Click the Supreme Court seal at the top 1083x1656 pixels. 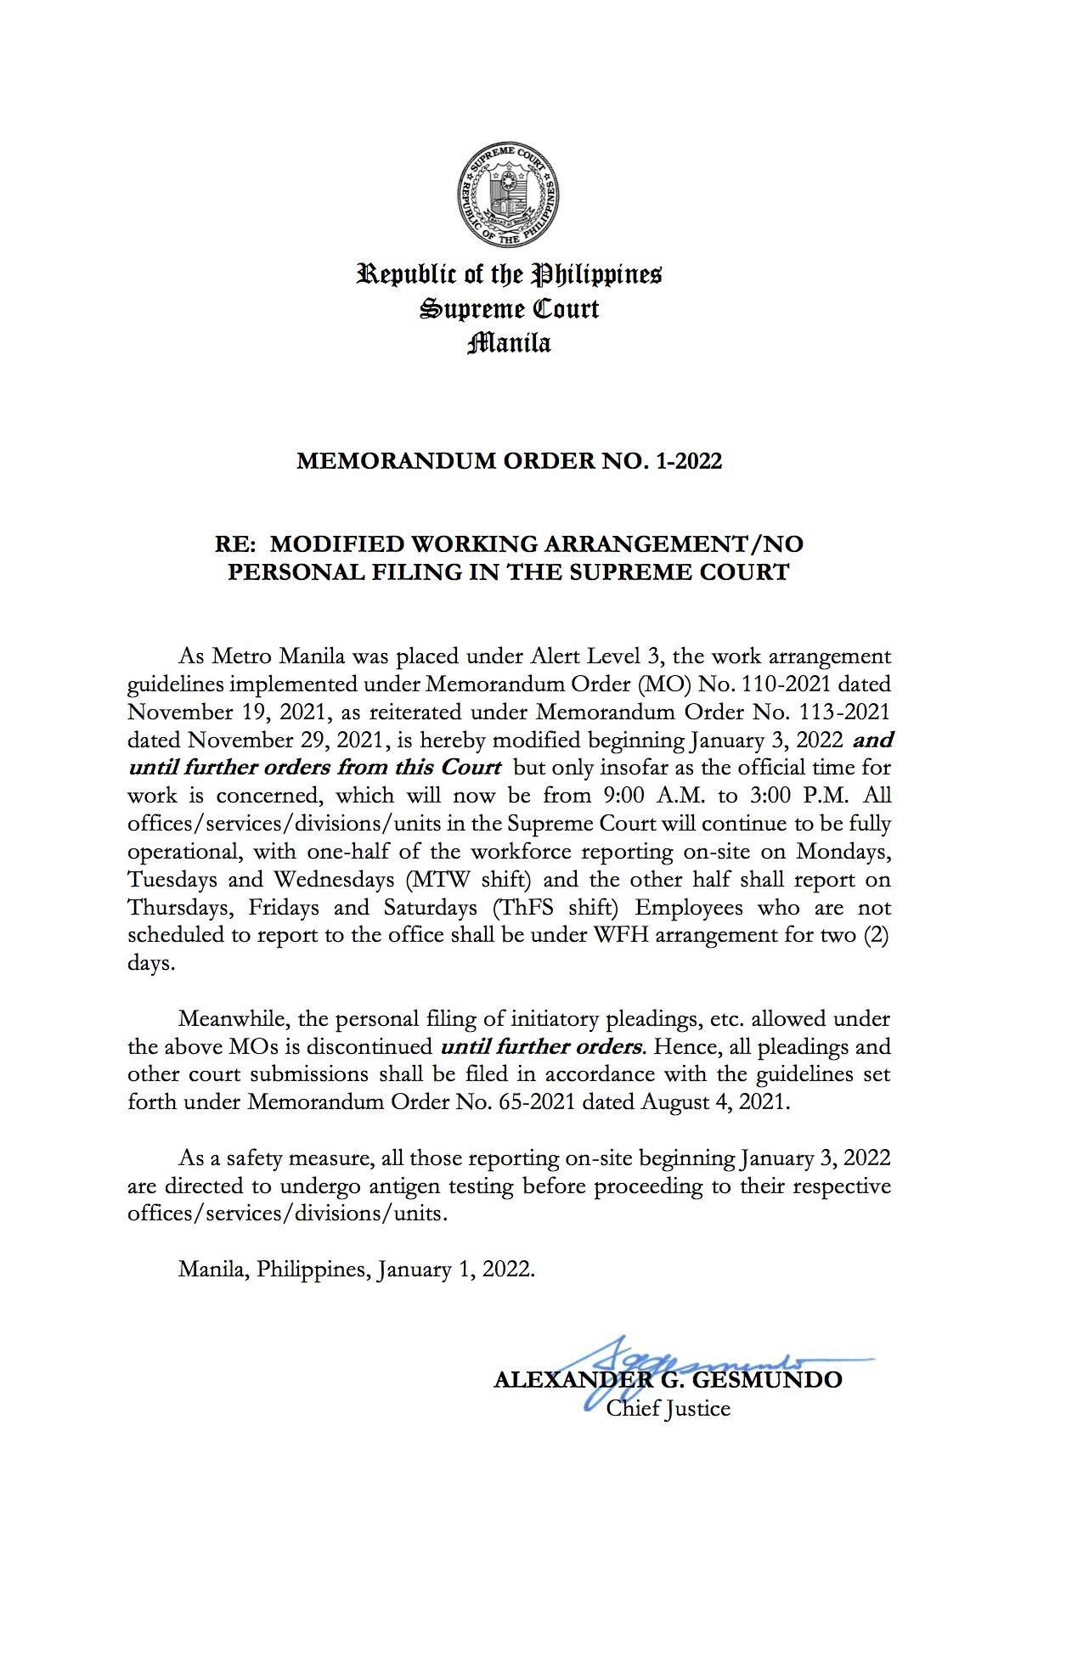point(509,196)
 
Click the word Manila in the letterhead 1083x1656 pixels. point(509,343)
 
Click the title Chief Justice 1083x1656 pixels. point(668,1409)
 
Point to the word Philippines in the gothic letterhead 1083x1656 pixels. point(596,274)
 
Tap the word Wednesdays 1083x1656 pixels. point(335,880)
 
